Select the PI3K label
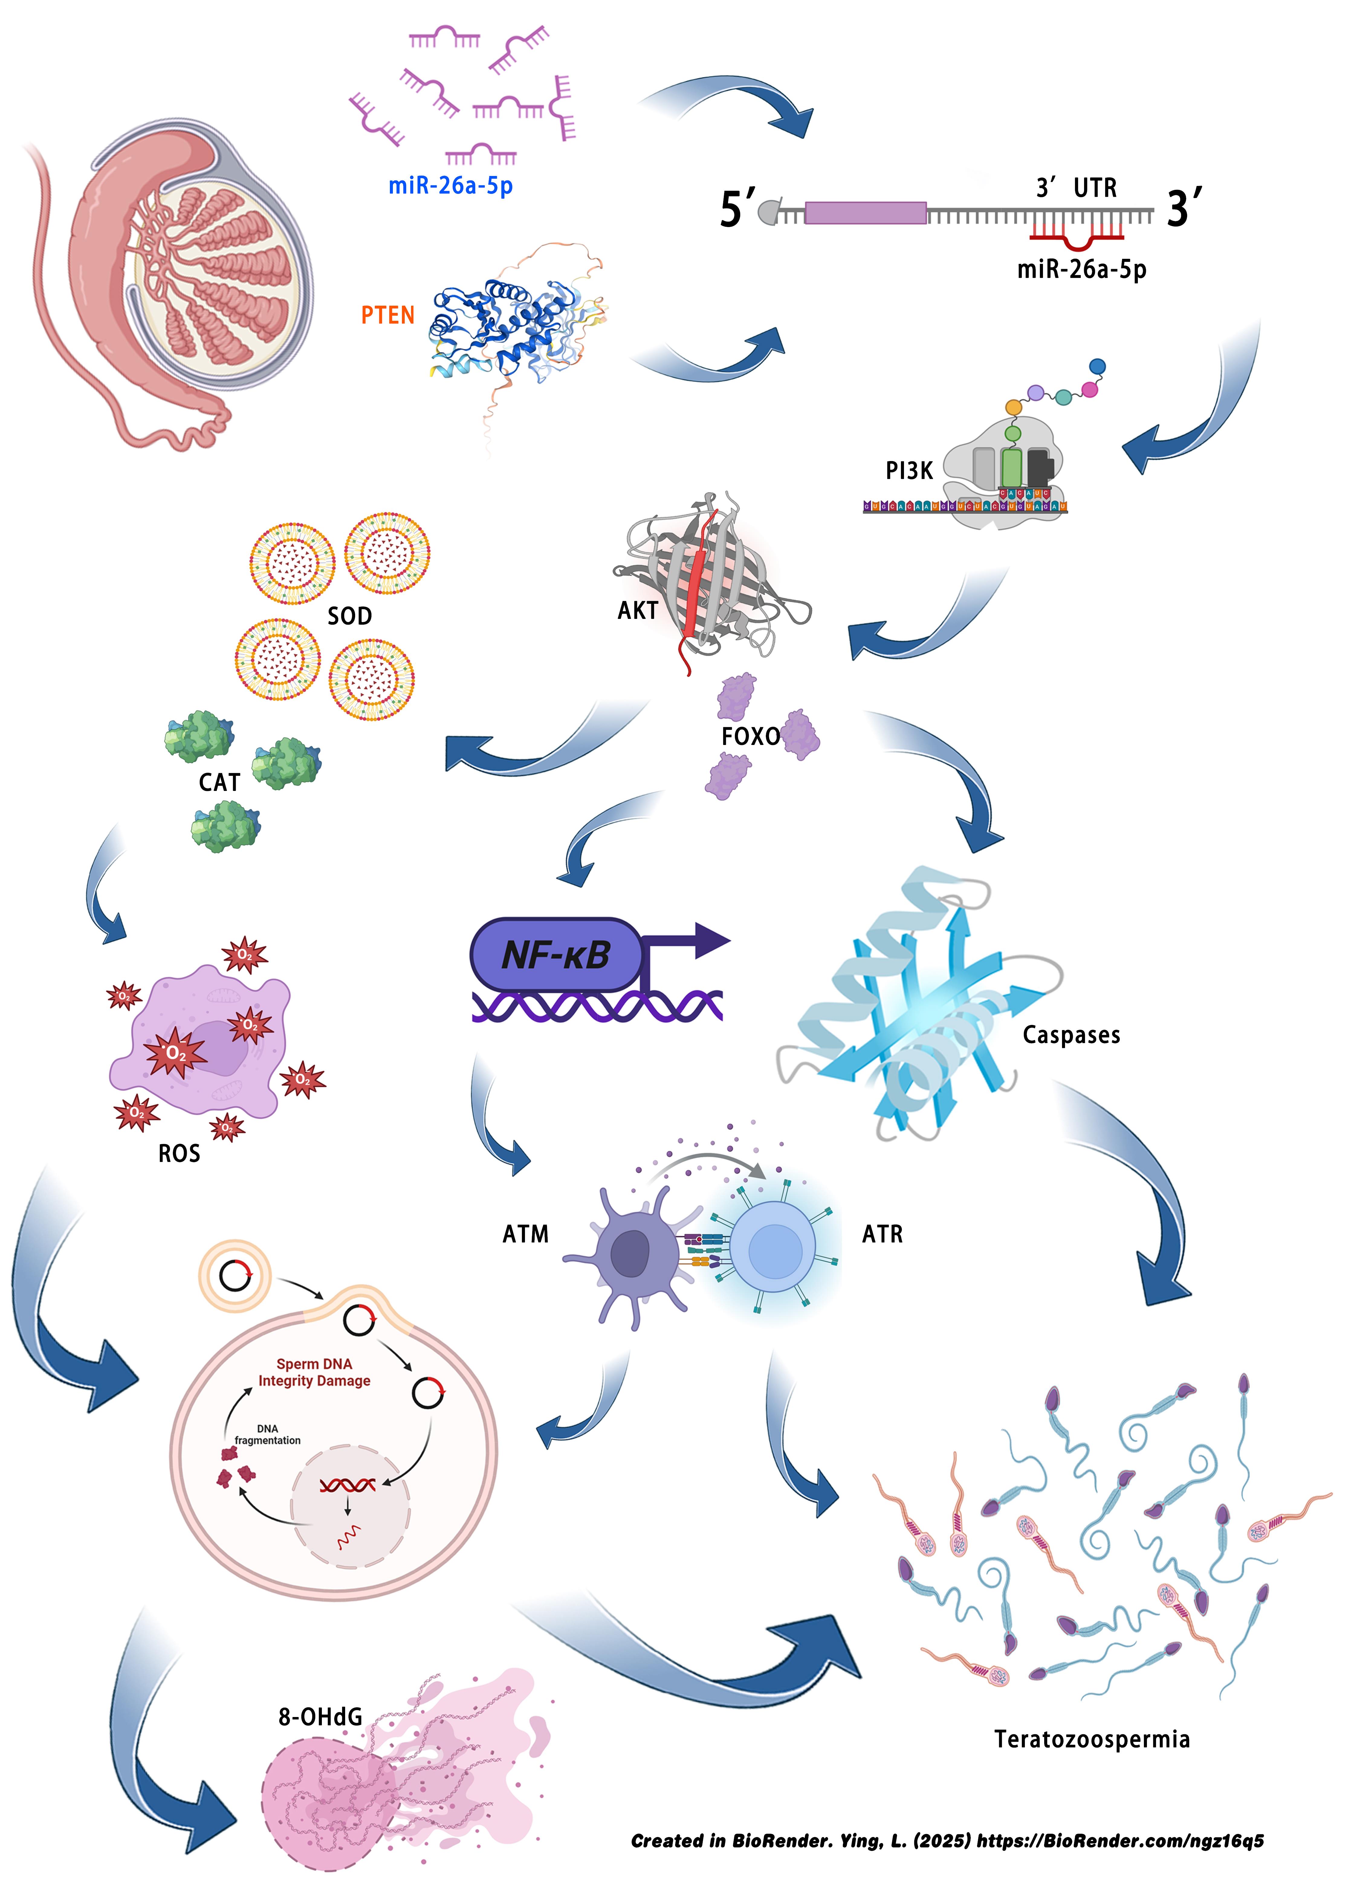click(x=908, y=471)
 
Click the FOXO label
click(x=750, y=737)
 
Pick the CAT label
click(x=219, y=782)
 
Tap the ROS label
click(x=179, y=1154)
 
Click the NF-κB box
click(x=556, y=955)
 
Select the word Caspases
click(x=1071, y=1035)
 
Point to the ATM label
click(x=525, y=1234)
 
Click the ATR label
click(x=882, y=1234)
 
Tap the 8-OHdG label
click(x=320, y=1716)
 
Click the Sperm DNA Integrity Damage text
click(x=314, y=1373)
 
